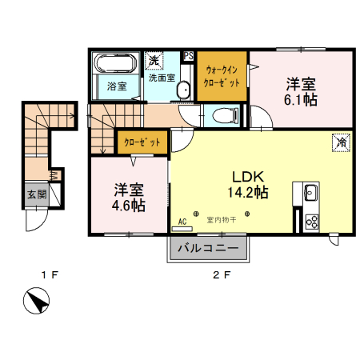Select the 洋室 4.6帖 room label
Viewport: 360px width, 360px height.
pyautogui.click(x=128, y=197)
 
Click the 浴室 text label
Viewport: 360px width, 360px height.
pyautogui.click(x=117, y=86)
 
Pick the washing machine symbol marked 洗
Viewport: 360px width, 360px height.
pyautogui.click(x=154, y=61)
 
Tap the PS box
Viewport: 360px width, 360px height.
pyautogui.click(x=189, y=56)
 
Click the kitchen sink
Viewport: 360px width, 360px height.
pyautogui.click(x=310, y=192)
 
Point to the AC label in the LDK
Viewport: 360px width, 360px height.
pyautogui.click(x=182, y=221)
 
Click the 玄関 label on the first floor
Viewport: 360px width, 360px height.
pyautogui.click(x=35, y=194)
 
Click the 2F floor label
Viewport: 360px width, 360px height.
pyautogui.click(x=222, y=276)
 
